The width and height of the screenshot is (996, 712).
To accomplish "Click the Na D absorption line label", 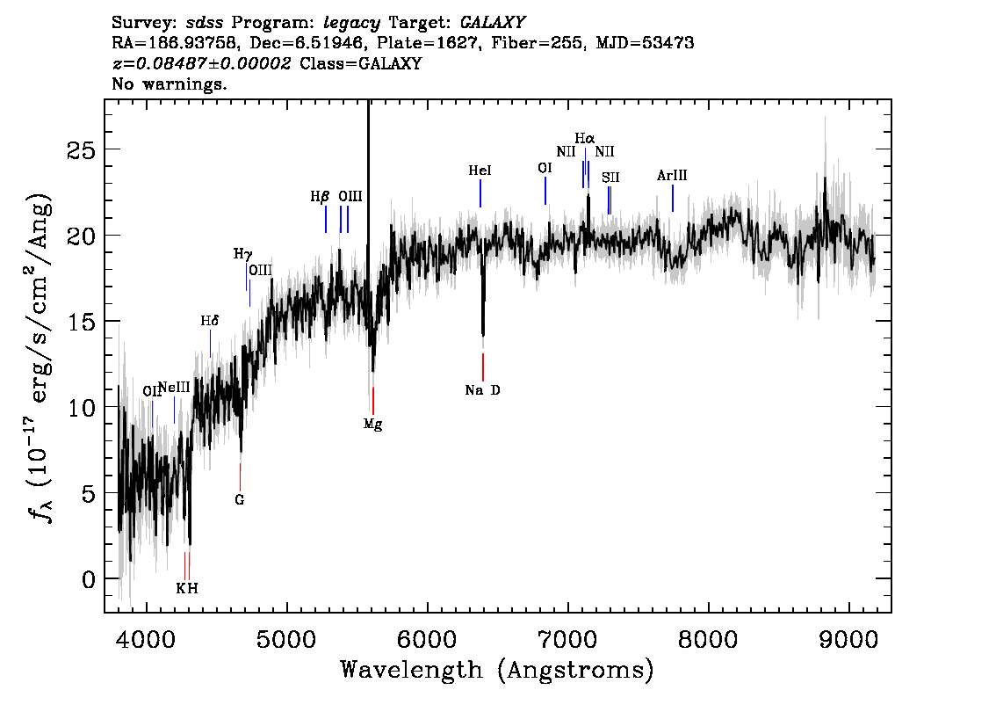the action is coord(483,390).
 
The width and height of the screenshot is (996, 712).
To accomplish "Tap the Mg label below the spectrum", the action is coord(373,425).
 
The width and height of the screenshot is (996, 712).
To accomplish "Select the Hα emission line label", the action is coord(585,138).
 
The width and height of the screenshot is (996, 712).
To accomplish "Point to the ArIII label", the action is coord(672,176).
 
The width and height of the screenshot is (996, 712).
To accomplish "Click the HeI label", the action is coord(480,171).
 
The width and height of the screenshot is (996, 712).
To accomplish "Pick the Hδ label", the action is coord(210,321).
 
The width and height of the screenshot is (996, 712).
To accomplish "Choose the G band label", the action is coord(240,500).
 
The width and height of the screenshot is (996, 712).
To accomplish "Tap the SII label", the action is coord(610,178).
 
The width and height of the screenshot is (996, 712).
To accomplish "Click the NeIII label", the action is coord(174,387).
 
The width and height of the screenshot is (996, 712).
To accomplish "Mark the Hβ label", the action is coord(320,196).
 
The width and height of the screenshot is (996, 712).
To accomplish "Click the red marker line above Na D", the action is coord(483,367).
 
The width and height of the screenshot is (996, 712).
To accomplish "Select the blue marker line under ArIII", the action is coord(673,199).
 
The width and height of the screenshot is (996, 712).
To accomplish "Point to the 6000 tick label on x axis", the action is coord(428,639).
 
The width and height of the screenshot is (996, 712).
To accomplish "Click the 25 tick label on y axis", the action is coord(82,150).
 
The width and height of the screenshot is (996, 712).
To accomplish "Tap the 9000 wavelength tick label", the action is coord(849,639).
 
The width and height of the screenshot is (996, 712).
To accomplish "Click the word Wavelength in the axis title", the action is coord(412,670).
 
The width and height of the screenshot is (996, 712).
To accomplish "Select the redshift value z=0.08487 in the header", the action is coord(201,63).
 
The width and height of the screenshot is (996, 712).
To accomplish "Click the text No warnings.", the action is coord(169,84).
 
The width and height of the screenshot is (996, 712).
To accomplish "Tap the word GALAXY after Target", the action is coord(493,23).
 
